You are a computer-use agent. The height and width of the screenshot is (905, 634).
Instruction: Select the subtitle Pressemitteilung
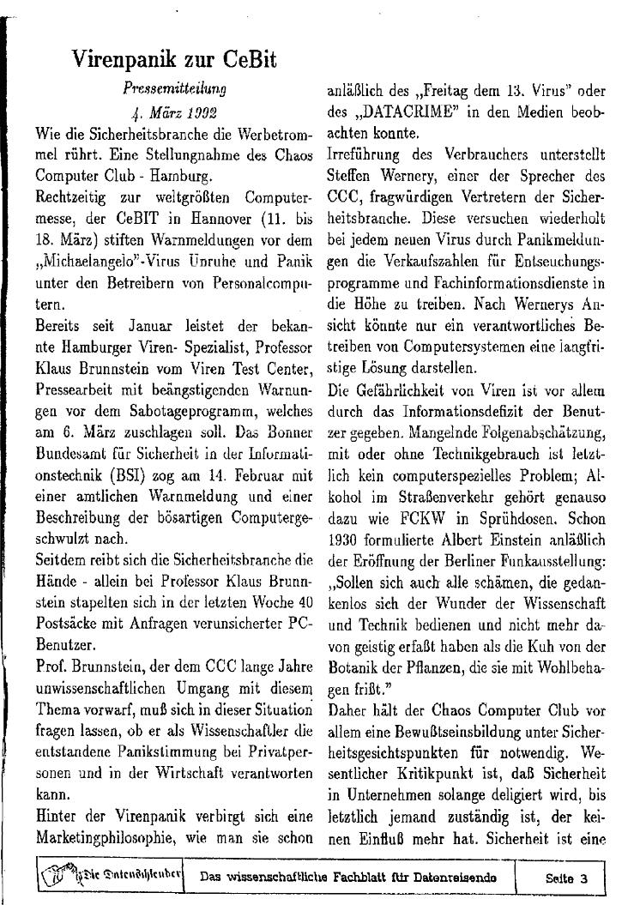174,87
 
